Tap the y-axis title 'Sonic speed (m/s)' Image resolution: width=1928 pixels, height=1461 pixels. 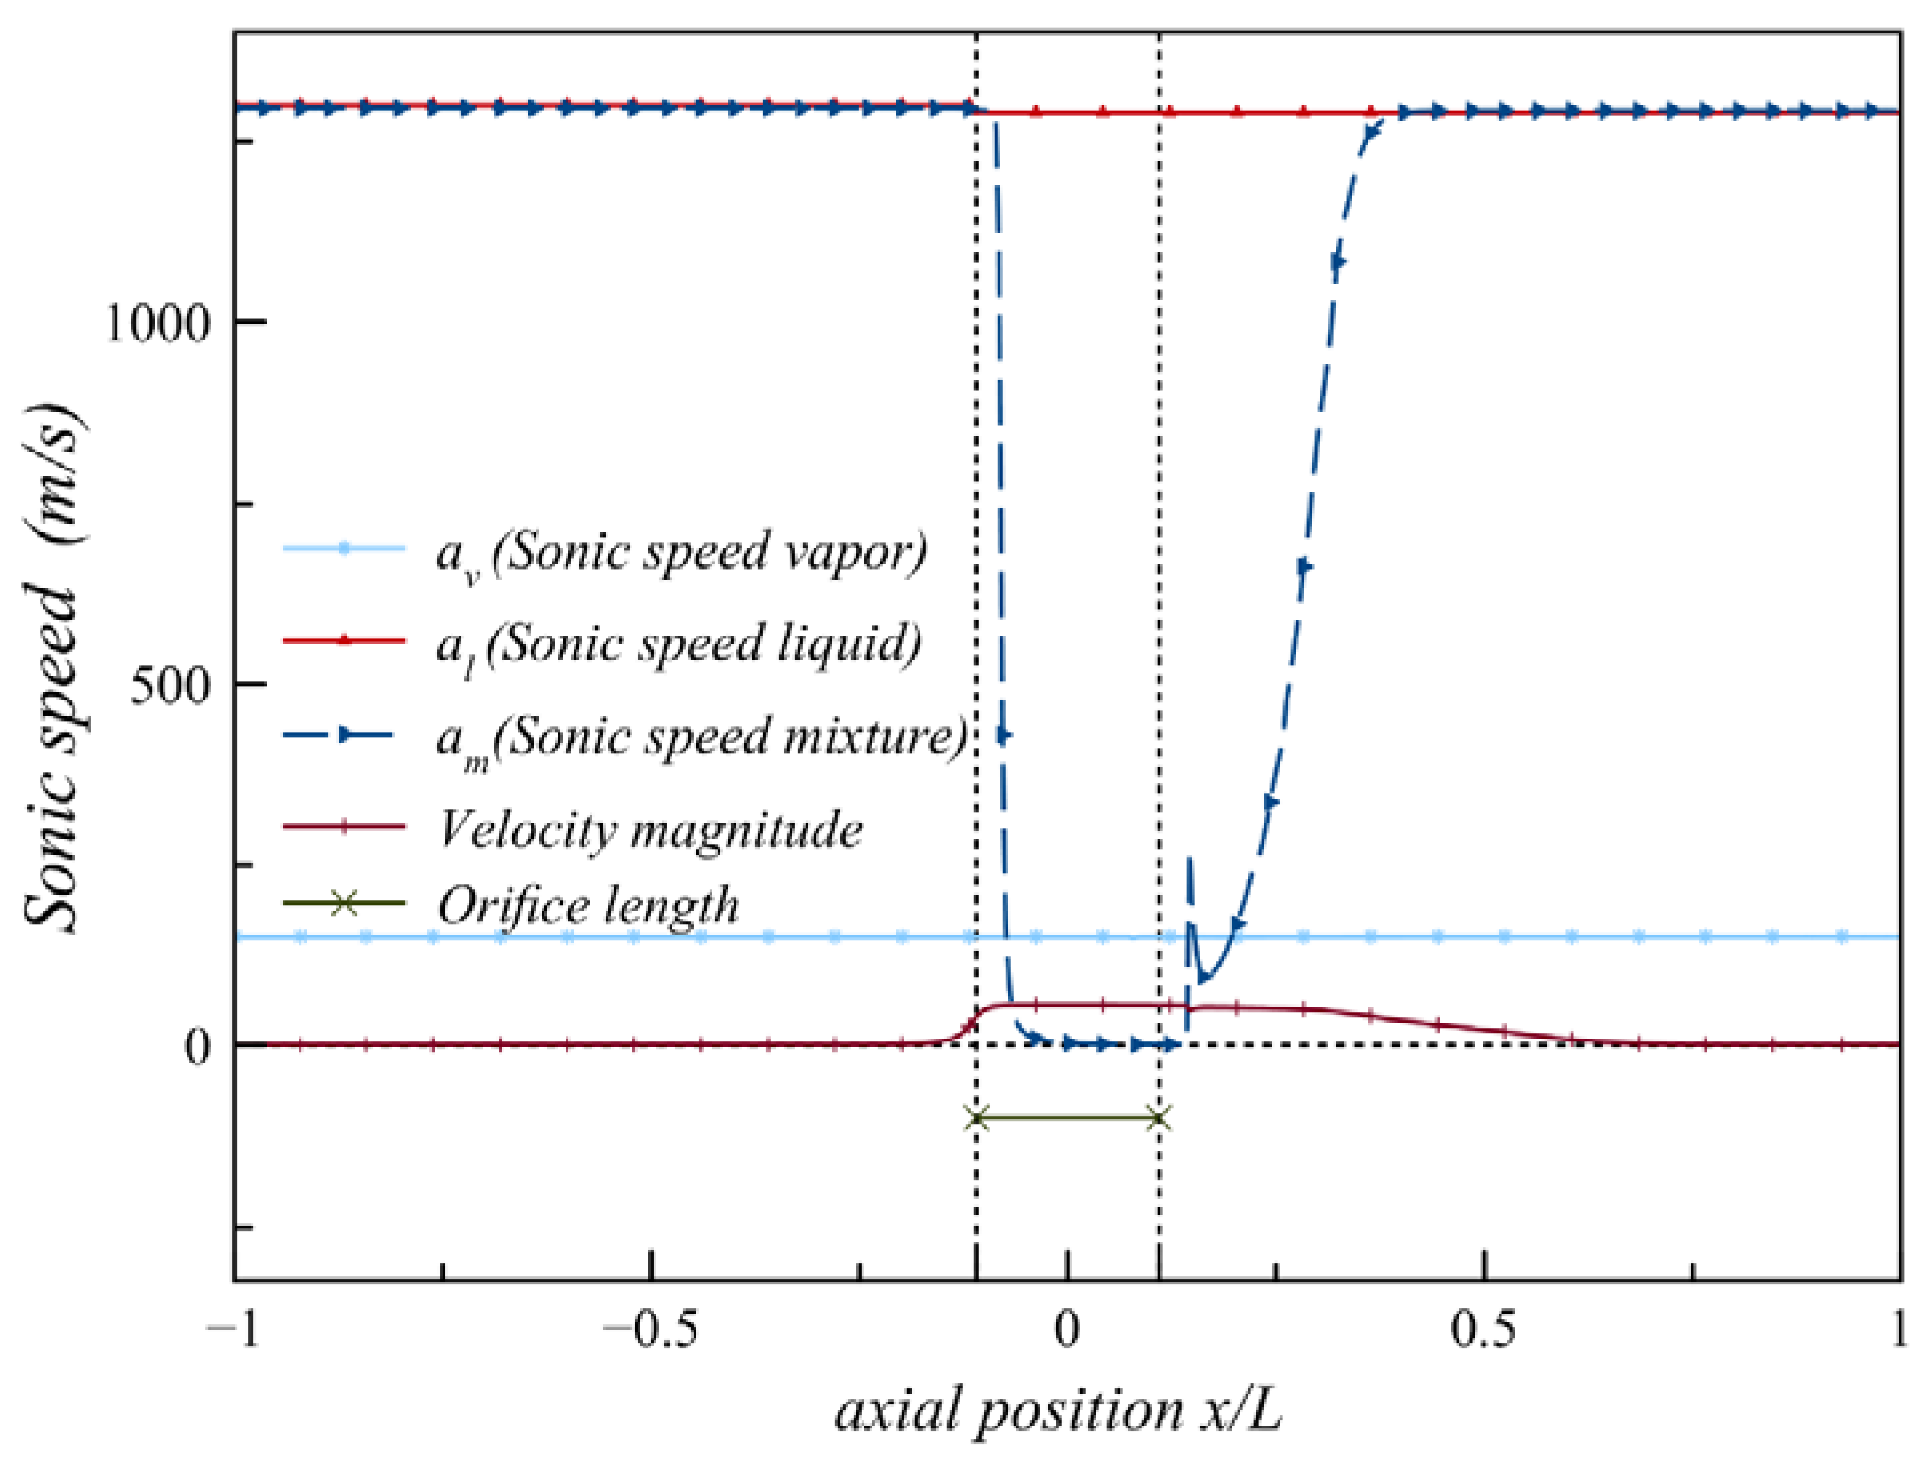coord(54,667)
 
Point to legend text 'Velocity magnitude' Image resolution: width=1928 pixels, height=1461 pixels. coord(650,829)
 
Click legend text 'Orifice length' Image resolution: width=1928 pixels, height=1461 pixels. coord(588,906)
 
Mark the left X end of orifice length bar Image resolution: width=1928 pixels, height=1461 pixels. coord(977,1118)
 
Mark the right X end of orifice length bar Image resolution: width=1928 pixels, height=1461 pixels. coord(1159,1118)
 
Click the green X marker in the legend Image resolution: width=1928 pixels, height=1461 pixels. coord(345,903)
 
